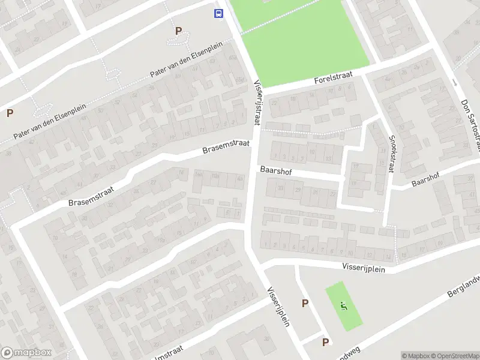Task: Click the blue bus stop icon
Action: coord(218,13)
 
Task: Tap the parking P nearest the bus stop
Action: coord(178,31)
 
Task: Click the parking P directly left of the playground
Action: coord(305,304)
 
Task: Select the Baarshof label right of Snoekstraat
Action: coord(427,178)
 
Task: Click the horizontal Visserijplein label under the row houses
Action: coord(364,265)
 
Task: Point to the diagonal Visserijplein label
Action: coord(278,305)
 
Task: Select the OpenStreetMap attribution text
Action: coord(455,356)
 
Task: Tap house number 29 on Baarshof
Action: coord(298,191)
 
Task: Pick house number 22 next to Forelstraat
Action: coord(275,103)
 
